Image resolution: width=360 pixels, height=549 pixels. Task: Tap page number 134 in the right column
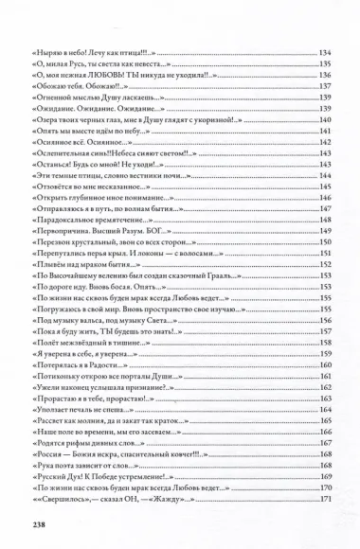325,50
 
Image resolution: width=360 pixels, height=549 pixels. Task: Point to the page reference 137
325,85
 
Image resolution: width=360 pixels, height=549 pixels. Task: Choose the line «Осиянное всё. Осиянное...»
84,140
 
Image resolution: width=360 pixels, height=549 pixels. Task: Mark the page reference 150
325,242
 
